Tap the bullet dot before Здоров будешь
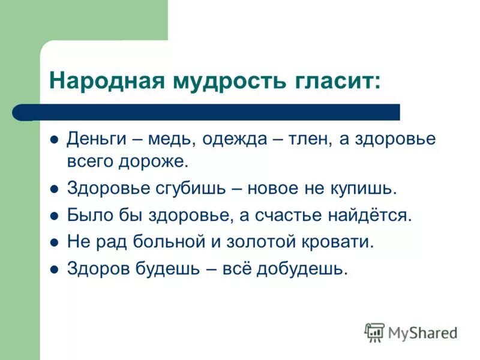(53, 269)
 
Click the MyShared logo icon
(374, 332)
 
